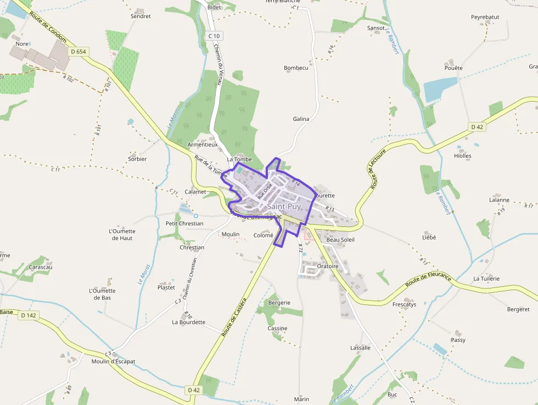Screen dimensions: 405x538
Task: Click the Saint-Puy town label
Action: coord(284,206)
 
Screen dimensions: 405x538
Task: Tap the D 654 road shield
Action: coord(79,52)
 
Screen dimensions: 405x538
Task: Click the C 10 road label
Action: coord(214,36)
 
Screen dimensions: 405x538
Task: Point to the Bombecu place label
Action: coord(296,68)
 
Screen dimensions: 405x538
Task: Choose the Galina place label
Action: coord(301,119)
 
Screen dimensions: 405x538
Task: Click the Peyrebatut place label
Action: coord(485,18)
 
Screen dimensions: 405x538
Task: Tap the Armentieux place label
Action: coord(203,145)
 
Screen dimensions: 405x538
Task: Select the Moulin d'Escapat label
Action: coord(113,362)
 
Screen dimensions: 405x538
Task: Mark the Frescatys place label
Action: coord(404,304)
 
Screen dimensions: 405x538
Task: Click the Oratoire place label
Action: coord(328,266)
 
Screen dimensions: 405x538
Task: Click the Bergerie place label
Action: coord(279,303)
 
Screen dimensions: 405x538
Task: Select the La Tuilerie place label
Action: coord(486,279)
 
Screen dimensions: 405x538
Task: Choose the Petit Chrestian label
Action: coord(184,224)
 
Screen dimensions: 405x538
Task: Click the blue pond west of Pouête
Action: coord(440,89)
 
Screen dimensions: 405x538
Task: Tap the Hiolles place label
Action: coord(463,156)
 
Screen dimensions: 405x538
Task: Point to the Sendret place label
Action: coord(141,16)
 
